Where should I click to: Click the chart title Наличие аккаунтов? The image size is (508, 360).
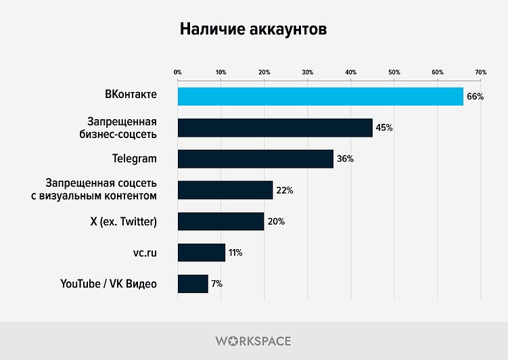254,30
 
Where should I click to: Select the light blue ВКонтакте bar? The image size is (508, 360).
320,96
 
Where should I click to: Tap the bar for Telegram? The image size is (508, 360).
255,159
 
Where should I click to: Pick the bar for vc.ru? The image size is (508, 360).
201,252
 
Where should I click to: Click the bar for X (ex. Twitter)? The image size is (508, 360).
221,221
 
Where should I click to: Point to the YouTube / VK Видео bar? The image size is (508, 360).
193,284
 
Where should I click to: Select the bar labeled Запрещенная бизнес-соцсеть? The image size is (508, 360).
275,128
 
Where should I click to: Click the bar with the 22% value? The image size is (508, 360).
225,190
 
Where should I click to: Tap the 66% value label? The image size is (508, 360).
475,97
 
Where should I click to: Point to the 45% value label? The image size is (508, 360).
384,128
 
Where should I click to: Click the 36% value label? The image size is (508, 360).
345,159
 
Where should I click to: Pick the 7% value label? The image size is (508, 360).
216,284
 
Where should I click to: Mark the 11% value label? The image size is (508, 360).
235,252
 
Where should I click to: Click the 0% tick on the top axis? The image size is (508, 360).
178,72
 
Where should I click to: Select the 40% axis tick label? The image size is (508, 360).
350,72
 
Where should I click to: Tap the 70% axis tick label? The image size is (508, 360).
480,72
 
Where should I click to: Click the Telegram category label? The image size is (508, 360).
135,159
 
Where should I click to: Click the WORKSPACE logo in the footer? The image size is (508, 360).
254,340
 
